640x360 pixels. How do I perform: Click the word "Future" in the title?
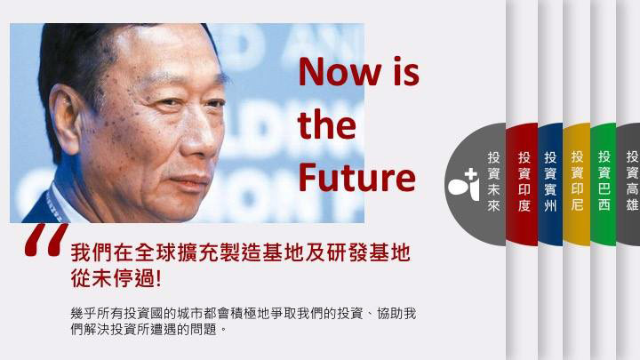point(356,177)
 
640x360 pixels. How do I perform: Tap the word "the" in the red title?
point(326,125)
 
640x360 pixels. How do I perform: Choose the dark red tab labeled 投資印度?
point(524,181)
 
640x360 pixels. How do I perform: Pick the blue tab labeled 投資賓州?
point(550,181)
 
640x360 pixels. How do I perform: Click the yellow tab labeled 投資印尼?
point(577,181)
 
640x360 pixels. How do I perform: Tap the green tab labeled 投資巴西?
point(604,181)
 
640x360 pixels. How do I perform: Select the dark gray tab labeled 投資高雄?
point(631,181)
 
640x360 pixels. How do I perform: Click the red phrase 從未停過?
point(116,278)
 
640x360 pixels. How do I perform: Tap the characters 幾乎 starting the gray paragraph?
point(81,314)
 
